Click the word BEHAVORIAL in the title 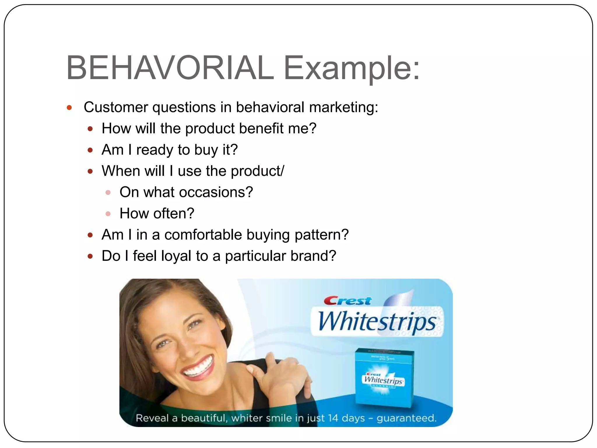click(x=170, y=68)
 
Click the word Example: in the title click(x=351, y=68)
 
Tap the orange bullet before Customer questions click(x=69, y=108)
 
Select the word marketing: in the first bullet click(x=343, y=107)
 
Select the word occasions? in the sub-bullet click(x=216, y=192)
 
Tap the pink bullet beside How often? click(x=108, y=214)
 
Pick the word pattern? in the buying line click(x=322, y=235)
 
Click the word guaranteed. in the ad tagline click(x=406, y=418)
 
